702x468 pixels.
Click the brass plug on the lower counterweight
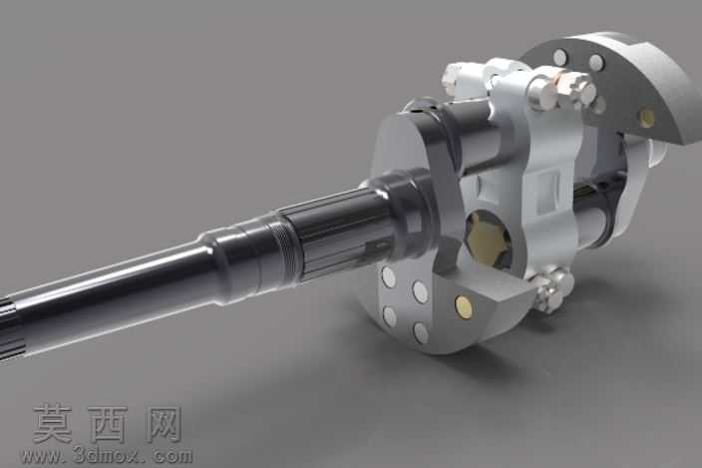coord(465,306)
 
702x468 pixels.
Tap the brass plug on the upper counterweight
coord(646,118)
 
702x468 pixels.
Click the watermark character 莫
coord(53,424)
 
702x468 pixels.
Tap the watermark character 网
coord(164,424)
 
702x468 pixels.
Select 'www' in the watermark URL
coord(42,457)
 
